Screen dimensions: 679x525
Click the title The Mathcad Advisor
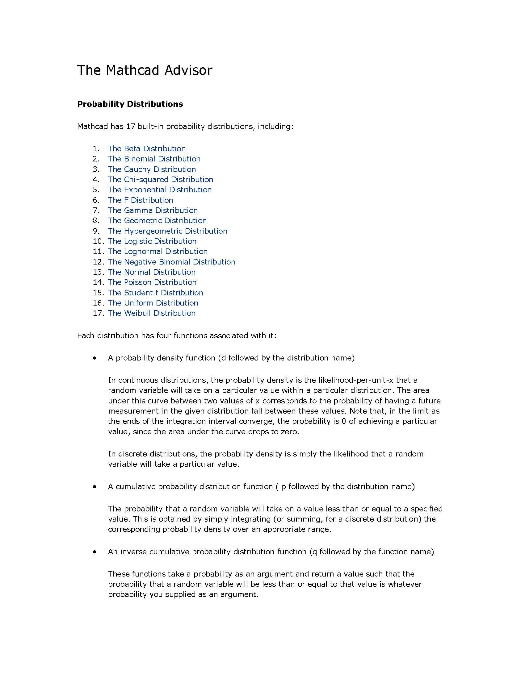click(144, 70)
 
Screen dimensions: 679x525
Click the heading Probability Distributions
click(130, 104)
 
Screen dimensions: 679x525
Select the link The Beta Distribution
click(146, 149)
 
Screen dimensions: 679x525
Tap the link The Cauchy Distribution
click(152, 169)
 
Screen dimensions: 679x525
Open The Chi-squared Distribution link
click(161, 179)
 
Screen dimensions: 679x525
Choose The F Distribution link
click(140, 200)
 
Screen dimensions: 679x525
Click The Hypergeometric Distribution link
click(167, 231)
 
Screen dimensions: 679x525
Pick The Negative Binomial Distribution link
click(171, 262)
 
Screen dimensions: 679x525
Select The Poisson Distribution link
click(152, 282)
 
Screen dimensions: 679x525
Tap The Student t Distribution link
click(156, 293)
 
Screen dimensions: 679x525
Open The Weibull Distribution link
click(151, 313)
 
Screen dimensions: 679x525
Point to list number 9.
click(96, 231)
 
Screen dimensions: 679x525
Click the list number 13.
click(98, 272)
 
